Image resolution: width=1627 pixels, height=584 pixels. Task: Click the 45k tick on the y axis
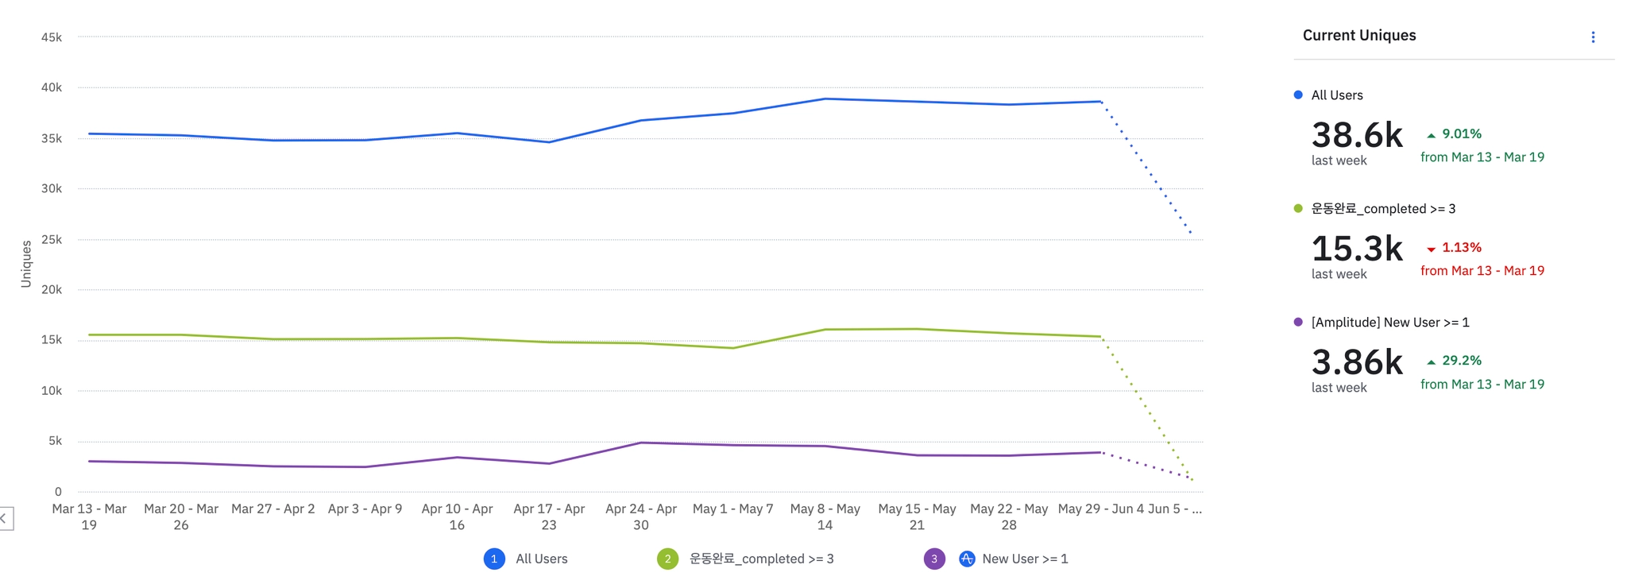click(x=52, y=37)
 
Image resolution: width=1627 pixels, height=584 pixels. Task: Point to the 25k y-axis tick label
click(x=52, y=239)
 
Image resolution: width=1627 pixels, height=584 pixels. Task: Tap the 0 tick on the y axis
click(x=58, y=492)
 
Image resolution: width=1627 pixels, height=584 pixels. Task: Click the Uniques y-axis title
click(x=26, y=264)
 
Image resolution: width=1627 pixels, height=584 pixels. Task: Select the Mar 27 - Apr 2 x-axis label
click(x=272, y=509)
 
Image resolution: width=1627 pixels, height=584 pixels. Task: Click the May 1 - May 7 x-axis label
click(x=732, y=509)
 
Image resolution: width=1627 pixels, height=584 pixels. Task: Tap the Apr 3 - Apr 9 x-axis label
click(x=365, y=509)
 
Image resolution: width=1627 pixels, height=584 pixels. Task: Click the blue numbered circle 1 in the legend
click(x=494, y=559)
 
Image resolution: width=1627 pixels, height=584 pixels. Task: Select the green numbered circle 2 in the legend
click(x=667, y=559)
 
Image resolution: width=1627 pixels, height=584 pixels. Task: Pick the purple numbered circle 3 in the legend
click(x=934, y=559)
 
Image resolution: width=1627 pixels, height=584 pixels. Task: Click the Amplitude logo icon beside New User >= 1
click(x=967, y=559)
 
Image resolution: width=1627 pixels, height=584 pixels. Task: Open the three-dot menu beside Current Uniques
click(x=1593, y=37)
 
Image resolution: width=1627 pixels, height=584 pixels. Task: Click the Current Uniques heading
click(x=1359, y=35)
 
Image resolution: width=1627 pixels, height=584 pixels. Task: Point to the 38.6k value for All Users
click(x=1357, y=135)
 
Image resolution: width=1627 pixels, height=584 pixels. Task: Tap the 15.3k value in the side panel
click(x=1357, y=249)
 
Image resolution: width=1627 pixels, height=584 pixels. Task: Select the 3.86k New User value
click(x=1357, y=362)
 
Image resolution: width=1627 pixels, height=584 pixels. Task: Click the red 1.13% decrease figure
click(x=1461, y=248)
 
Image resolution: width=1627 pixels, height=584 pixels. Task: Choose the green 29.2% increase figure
click(x=1461, y=361)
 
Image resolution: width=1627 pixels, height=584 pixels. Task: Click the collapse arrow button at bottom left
click(x=5, y=519)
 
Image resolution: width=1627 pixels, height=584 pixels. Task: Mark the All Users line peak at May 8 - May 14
click(x=825, y=99)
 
